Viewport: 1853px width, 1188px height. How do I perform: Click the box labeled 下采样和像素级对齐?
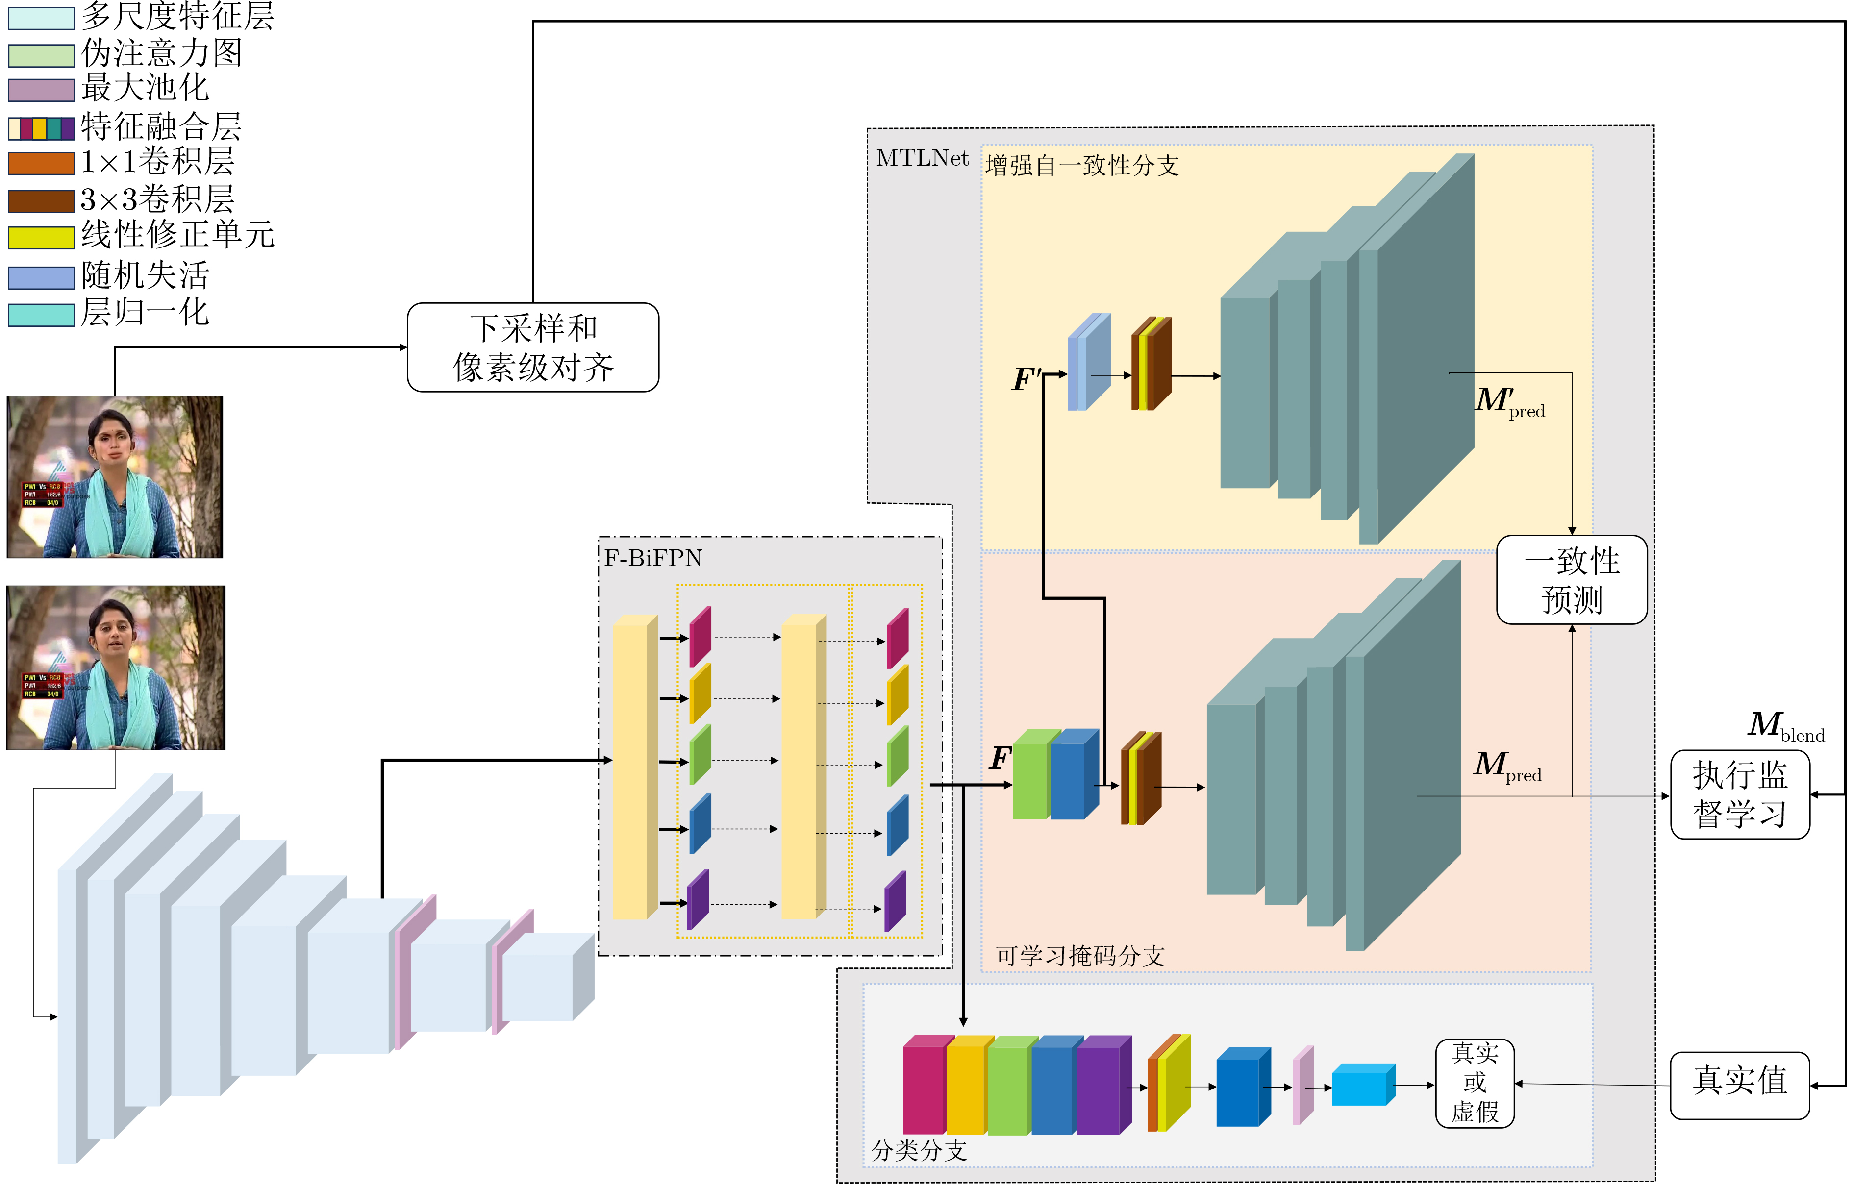532,348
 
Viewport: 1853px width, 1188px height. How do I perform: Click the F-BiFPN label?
652,558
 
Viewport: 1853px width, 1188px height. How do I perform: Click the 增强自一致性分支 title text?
1081,165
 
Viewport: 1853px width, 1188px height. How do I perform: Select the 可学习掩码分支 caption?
1079,956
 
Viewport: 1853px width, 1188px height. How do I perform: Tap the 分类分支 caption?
918,1150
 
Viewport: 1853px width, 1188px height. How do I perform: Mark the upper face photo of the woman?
115,477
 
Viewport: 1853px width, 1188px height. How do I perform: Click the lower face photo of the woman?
116,668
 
